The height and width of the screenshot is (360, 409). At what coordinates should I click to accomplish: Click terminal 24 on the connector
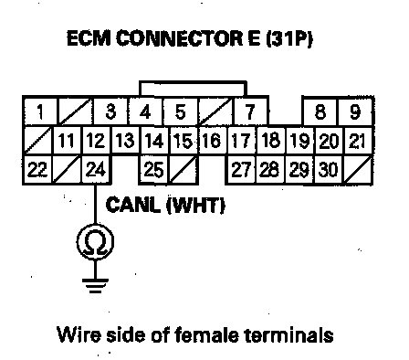pyautogui.click(x=96, y=169)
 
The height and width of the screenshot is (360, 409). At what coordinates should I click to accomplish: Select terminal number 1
pyautogui.click(x=39, y=111)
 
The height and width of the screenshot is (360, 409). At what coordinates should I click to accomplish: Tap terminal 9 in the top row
pyautogui.click(x=355, y=111)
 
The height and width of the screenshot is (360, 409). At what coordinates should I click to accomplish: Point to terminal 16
pyautogui.click(x=212, y=141)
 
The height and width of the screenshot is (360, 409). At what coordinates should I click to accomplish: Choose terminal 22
pyautogui.click(x=37, y=169)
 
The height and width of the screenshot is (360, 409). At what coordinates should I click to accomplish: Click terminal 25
pyautogui.click(x=153, y=169)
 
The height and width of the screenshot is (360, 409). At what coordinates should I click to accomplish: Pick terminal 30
pyautogui.click(x=328, y=169)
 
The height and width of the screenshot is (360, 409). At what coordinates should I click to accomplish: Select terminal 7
pyautogui.click(x=250, y=111)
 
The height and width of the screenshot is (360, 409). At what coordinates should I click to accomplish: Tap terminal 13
pyautogui.click(x=125, y=141)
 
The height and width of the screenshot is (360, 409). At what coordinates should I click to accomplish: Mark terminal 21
pyautogui.click(x=358, y=141)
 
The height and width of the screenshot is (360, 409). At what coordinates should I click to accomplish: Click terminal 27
pyautogui.click(x=241, y=169)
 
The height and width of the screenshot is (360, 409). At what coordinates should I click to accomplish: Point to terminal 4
pyautogui.click(x=145, y=111)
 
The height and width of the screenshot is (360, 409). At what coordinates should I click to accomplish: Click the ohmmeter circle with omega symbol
pyautogui.click(x=95, y=242)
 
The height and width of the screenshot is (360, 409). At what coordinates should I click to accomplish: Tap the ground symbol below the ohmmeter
pyautogui.click(x=95, y=286)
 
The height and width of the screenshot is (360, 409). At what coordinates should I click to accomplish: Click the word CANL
pyautogui.click(x=133, y=205)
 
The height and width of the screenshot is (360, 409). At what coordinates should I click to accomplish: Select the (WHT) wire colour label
pyautogui.click(x=195, y=205)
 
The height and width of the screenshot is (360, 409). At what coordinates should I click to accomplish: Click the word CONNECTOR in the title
pyautogui.click(x=180, y=38)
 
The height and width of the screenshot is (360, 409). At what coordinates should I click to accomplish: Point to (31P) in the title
pyautogui.click(x=289, y=38)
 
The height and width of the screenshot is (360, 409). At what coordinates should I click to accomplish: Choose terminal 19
pyautogui.click(x=299, y=141)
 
